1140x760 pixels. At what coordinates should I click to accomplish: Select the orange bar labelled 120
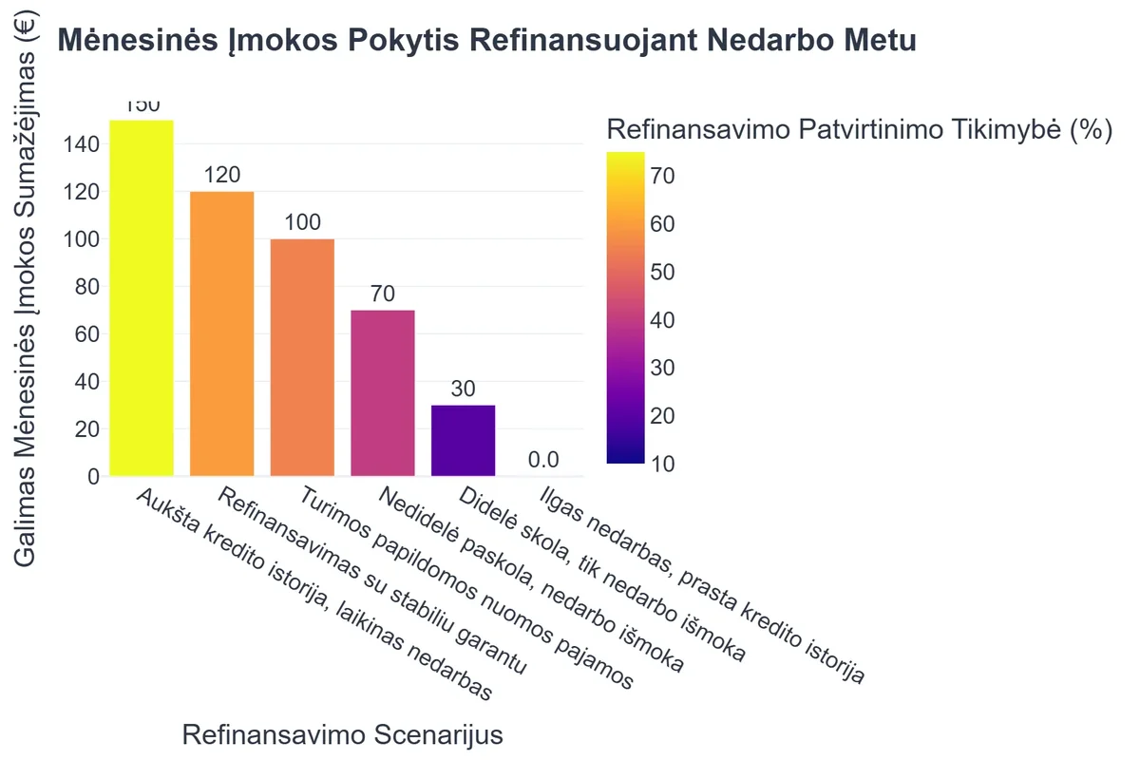pos(222,333)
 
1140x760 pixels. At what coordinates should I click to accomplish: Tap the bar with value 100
pos(302,357)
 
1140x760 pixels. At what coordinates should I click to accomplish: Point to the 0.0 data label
pos(543,461)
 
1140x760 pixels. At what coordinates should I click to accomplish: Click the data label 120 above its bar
pos(222,175)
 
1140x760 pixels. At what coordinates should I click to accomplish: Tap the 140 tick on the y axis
pos(82,144)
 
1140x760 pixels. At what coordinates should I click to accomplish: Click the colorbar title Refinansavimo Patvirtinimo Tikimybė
pos(859,130)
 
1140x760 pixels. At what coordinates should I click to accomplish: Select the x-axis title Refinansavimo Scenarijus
pos(342,735)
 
